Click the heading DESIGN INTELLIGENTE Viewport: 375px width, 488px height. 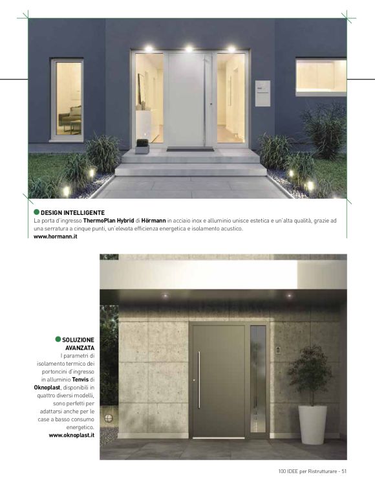tap(72, 212)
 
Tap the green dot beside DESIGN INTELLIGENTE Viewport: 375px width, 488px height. tap(36, 212)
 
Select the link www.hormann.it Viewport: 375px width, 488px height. tap(56, 238)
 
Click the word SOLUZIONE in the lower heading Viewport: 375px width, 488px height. tap(79, 339)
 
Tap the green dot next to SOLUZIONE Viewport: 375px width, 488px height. tap(58, 339)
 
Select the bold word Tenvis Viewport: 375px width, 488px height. tap(80, 379)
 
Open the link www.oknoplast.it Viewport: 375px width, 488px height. tap(72, 436)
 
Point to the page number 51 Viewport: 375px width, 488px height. tap(345, 471)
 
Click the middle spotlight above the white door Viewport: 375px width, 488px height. tap(189, 49)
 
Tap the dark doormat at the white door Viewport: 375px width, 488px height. tap(190, 150)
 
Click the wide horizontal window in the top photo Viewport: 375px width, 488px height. tap(321, 76)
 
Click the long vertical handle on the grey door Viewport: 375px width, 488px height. tap(199, 380)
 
